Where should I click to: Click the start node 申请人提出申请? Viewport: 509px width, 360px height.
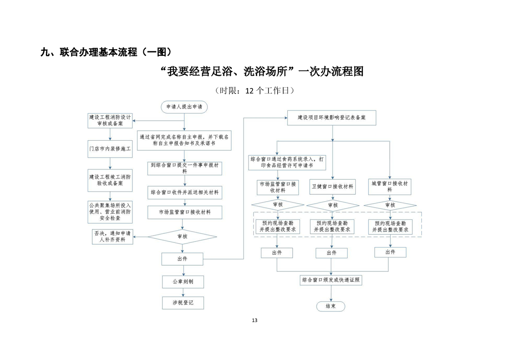(184, 107)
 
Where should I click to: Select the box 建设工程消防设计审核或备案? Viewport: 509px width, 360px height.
(110, 120)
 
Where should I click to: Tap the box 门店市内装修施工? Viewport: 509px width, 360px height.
(110, 149)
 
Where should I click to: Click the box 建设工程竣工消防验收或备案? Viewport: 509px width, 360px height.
(110, 180)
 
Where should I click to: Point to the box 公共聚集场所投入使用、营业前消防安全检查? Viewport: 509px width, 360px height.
(110, 212)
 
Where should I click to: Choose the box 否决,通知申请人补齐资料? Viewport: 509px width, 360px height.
(113, 237)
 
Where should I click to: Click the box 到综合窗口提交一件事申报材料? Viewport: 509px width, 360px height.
(185, 168)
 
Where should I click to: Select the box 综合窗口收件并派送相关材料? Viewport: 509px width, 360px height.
(185, 192)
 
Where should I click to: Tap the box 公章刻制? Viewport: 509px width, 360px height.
(183, 282)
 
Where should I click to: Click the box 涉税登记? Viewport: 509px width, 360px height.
(183, 303)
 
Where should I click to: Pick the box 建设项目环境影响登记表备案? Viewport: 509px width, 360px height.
(332, 118)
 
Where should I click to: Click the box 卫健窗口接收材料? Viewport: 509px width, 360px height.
(333, 187)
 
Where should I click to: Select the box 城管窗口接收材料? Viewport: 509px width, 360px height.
(390, 187)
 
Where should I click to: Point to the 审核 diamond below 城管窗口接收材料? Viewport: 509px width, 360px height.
(390, 205)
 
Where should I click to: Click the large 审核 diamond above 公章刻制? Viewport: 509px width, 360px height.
(182, 237)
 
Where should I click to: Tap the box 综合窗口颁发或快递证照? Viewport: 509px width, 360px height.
(331, 280)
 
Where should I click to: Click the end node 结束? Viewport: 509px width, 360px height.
(330, 306)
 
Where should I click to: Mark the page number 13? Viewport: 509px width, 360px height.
(254, 321)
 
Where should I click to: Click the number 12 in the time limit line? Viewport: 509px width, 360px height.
(250, 91)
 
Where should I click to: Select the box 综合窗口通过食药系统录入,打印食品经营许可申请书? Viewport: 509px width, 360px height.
(287, 163)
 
